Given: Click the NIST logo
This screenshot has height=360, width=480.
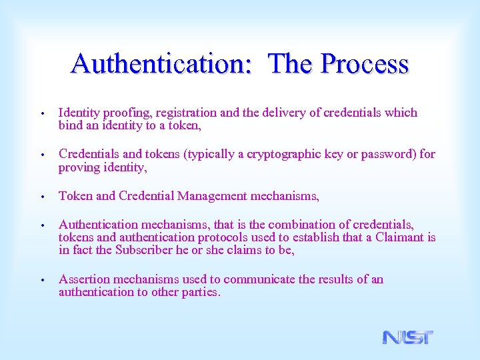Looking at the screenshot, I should pyautogui.click(x=407, y=337).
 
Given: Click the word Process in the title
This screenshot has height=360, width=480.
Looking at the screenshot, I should pyautogui.click(x=364, y=64).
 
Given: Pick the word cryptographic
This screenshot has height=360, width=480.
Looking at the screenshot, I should pyautogui.click(x=291, y=154).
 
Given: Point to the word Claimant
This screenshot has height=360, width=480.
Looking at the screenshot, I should pyautogui.click(x=401, y=237).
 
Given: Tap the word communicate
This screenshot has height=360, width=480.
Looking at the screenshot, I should pyautogui.click(x=260, y=279).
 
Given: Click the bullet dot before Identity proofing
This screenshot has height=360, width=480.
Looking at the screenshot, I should pyautogui.click(x=42, y=113).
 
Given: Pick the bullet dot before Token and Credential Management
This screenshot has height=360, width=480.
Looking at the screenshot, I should pyautogui.click(x=42, y=197).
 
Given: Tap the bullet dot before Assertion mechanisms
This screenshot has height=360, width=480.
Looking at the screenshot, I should pyautogui.click(x=42, y=280).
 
